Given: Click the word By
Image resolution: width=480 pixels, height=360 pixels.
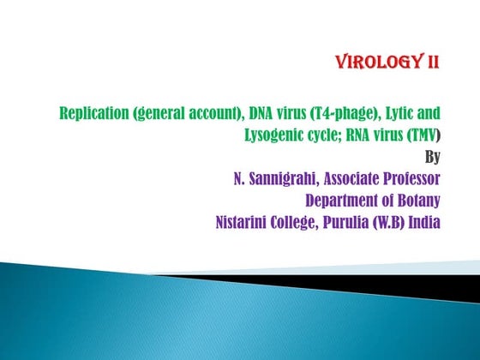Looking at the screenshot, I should tap(433, 158).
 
